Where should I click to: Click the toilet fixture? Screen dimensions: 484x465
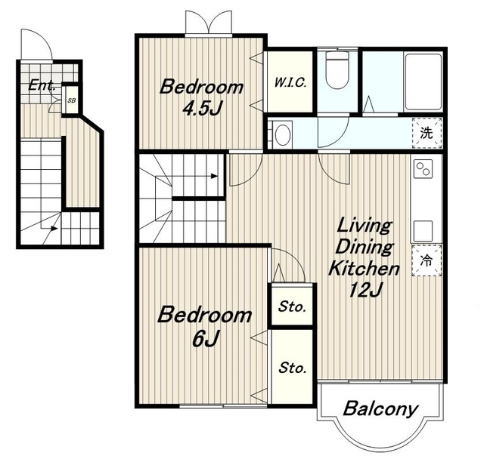337,70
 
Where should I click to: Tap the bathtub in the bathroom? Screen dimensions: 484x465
423,82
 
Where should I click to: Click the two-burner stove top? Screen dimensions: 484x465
423,169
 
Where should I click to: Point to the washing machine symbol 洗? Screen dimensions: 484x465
427,133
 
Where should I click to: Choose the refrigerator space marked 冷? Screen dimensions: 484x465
427,260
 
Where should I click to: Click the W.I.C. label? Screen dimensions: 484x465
290,82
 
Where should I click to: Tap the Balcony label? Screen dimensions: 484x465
380,409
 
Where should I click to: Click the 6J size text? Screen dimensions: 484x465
206,338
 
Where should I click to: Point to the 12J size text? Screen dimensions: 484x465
366,289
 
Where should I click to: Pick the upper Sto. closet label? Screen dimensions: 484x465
293,306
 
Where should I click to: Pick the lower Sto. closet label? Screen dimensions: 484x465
293,368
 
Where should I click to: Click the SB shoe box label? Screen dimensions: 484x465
71,100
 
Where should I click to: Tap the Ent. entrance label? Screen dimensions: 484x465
42,85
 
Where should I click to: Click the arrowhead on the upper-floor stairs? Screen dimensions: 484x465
214,177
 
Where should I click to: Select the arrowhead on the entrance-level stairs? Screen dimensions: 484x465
54,228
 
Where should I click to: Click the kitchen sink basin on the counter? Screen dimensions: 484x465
423,231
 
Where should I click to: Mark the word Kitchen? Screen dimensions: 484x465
364,268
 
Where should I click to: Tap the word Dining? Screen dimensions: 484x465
365,247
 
